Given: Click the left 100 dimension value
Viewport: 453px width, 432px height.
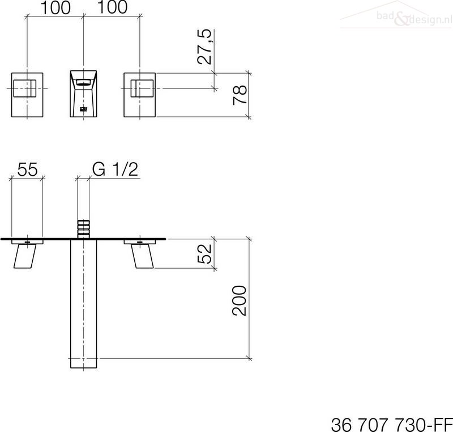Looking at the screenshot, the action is (x=55, y=7).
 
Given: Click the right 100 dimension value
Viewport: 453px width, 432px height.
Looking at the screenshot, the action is (x=112, y=7).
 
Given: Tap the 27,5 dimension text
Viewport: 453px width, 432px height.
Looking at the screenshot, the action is (x=204, y=46).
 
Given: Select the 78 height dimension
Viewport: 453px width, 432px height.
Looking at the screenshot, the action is (x=240, y=95).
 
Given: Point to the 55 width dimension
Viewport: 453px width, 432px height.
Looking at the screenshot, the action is (x=27, y=169).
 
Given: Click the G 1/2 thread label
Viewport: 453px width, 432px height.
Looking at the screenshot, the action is (x=116, y=169).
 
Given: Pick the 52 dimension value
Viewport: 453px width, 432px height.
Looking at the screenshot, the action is (x=204, y=253).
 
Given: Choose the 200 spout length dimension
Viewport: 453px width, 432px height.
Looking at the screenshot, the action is (x=240, y=300).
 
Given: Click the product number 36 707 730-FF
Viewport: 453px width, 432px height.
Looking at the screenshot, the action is (x=392, y=425).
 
